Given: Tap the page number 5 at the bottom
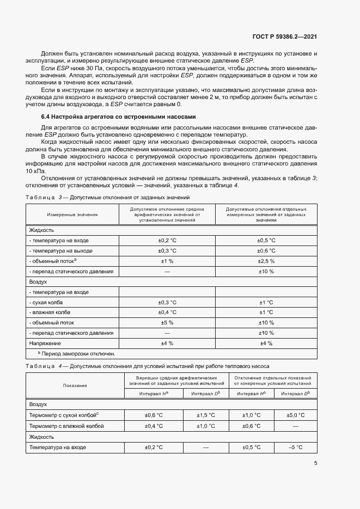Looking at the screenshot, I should (x=316, y=463).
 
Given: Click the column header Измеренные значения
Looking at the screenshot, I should (x=72, y=214).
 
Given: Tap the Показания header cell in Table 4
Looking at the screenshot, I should (x=75, y=385).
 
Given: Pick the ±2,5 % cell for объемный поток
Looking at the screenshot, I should (x=266, y=261).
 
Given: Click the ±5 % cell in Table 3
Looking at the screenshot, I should (x=167, y=322).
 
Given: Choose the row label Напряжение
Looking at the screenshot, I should (x=45, y=343).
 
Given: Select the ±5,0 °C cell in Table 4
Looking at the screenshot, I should (x=295, y=415).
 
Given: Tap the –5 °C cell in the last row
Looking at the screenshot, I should (x=295, y=447).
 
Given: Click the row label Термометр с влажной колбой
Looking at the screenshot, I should (x=66, y=426).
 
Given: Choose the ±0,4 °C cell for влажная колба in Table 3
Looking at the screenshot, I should (x=167, y=312).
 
